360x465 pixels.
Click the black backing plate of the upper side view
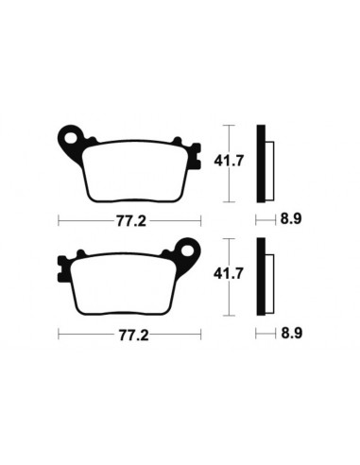point(262,164)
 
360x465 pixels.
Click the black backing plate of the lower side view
point(262,276)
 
